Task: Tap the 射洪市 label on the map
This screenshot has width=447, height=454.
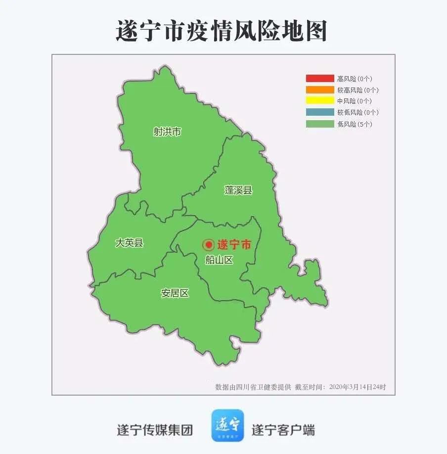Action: [x=167, y=132]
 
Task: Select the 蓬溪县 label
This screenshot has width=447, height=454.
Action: [x=238, y=190]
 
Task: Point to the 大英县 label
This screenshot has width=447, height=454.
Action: [x=129, y=242]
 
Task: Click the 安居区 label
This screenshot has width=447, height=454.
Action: [x=175, y=293]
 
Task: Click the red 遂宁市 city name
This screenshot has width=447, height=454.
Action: [x=234, y=244]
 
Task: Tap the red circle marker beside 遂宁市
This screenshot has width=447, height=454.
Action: [x=208, y=244]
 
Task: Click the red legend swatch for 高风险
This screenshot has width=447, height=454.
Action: [x=320, y=78]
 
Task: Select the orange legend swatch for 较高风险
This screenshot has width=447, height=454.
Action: [x=320, y=90]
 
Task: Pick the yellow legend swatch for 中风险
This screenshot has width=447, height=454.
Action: [x=320, y=101]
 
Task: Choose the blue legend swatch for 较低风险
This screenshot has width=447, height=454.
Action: [x=320, y=112]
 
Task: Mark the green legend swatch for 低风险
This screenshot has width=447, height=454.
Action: [x=320, y=124]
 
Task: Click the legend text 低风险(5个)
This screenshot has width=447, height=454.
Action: [x=355, y=124]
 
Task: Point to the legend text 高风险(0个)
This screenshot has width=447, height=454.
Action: [x=355, y=78]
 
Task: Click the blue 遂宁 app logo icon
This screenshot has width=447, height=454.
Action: [x=227, y=425]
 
